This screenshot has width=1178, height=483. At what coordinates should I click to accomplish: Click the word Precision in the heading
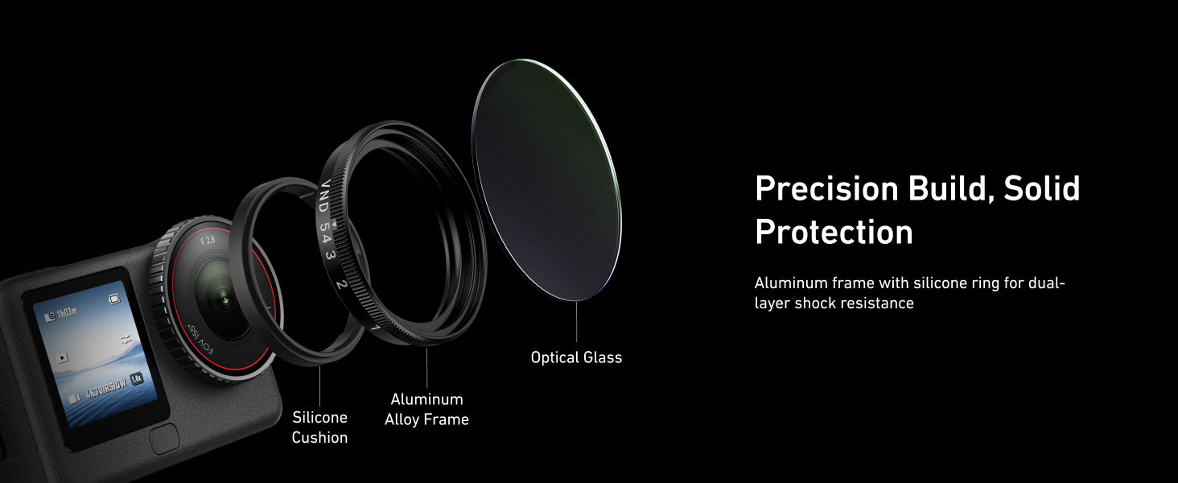pos(826,188)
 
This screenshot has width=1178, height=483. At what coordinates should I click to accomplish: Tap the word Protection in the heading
pos(834,232)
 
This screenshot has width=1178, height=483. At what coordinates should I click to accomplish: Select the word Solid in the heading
pos(1041,188)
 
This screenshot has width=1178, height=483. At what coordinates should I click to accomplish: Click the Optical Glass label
pos(576,357)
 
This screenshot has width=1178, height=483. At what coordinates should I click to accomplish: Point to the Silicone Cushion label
pos(319,427)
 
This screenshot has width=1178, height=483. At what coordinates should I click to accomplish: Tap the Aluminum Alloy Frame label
pos(426,409)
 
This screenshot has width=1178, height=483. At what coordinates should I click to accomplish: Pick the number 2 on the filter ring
pos(342,285)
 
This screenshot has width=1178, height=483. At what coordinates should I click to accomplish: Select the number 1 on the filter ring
pos(376,328)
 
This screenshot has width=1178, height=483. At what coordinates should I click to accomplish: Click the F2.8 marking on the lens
pos(208,241)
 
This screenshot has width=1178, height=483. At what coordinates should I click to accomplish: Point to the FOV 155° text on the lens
pos(201,341)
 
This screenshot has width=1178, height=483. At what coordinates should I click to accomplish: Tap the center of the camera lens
pos(225,299)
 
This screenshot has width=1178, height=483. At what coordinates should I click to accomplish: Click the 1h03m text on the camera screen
pos(68,314)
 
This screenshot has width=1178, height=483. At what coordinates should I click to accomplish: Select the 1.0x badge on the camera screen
pos(136,378)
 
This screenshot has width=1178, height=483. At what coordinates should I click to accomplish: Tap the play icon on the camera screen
pos(63,357)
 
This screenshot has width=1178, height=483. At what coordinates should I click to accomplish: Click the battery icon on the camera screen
pos(114,299)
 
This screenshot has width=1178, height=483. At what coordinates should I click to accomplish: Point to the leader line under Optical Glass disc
pos(576,322)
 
